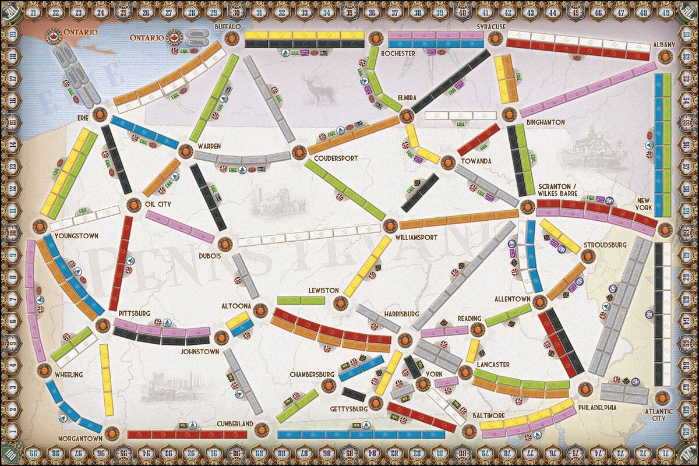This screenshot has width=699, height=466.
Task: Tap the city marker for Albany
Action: tap(664, 57)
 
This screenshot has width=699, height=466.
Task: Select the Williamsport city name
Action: tap(416, 237)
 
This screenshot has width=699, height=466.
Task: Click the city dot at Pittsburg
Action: tap(103, 325)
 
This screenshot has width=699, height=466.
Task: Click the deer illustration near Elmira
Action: tap(319, 91)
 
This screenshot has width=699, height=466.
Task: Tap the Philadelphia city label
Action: tap(597, 407)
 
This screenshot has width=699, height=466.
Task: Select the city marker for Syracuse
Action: tap(495, 39)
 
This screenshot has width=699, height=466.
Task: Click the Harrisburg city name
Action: tap(401, 314)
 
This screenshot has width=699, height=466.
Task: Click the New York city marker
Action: tap(665, 227)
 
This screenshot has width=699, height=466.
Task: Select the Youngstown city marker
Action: tap(40, 225)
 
